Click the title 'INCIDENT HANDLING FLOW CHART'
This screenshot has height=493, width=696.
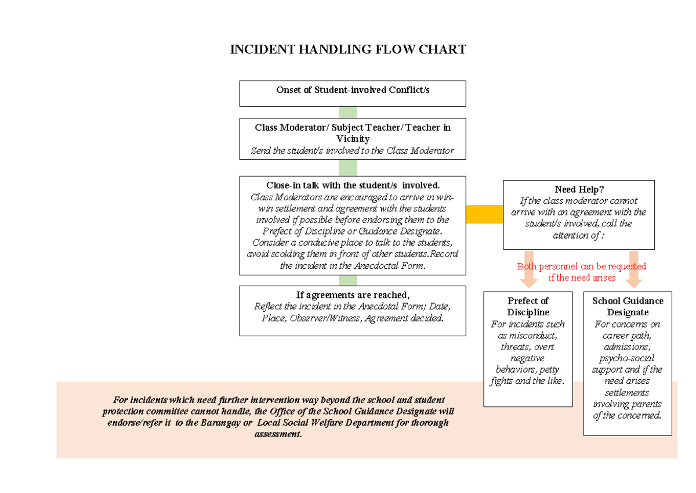(348, 49)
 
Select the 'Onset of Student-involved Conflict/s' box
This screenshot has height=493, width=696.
(353, 93)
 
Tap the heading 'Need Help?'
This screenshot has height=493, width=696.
(579, 189)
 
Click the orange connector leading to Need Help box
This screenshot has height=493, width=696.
(484, 214)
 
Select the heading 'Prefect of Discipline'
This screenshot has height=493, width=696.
(528, 307)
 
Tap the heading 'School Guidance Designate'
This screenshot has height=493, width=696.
(628, 307)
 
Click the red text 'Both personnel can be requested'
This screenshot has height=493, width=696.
(582, 266)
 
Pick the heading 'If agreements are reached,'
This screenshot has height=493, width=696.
(353, 294)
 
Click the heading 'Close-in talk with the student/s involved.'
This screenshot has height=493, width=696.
(353, 185)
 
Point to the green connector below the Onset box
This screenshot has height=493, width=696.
(348, 112)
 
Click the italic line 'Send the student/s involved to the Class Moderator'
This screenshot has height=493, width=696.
(353, 151)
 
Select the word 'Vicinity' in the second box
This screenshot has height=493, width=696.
(353, 139)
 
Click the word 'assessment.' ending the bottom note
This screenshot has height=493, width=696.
(278, 434)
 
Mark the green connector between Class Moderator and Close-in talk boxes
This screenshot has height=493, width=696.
(348, 167)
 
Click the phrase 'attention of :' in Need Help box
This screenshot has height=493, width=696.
(578, 235)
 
